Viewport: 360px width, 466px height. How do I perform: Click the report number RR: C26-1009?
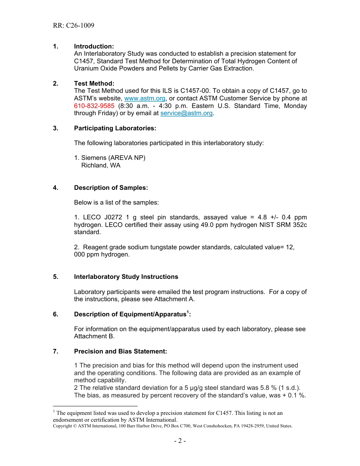74,26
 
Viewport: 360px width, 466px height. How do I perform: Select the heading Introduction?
94,46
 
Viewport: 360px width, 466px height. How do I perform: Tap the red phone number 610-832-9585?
94,106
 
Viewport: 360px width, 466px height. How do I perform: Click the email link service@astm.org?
186,113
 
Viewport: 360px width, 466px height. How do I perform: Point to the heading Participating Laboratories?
115,128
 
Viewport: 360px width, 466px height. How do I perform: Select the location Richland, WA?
101,166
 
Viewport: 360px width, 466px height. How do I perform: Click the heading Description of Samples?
111,188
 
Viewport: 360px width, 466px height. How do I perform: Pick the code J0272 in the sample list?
113,217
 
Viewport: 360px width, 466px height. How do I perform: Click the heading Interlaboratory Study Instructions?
126,277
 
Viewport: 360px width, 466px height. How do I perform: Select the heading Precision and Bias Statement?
120,352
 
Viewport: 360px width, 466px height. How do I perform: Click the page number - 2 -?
180,441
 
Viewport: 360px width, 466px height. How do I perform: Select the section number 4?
55,188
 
